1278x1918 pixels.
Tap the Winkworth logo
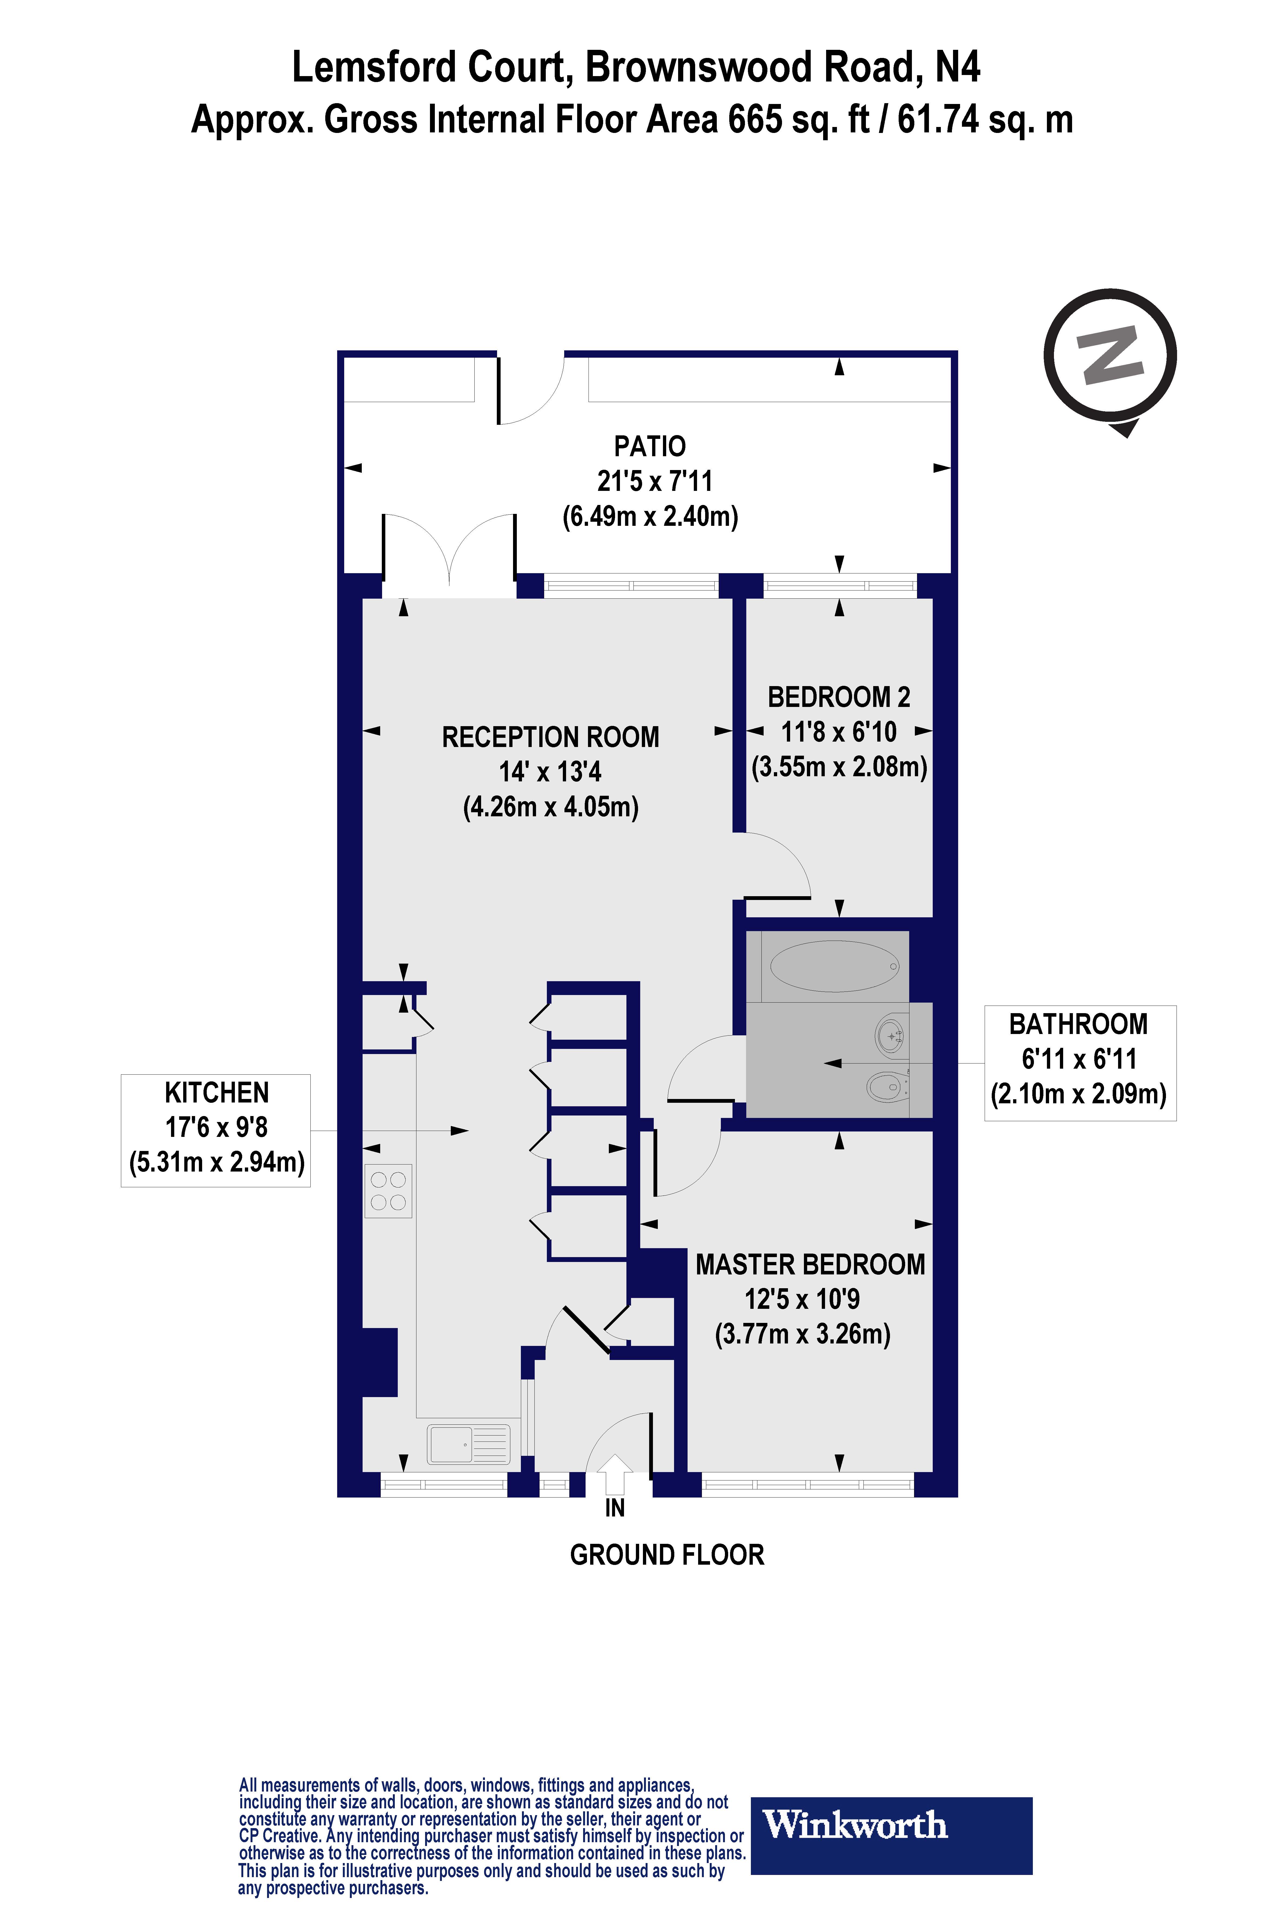pyautogui.click(x=891, y=1825)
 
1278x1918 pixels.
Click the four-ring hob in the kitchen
pyautogui.click(x=388, y=1191)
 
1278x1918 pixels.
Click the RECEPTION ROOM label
pyautogui.click(x=550, y=737)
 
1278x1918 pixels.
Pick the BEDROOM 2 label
pyautogui.click(x=839, y=697)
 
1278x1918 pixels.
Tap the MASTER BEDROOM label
pyautogui.click(x=810, y=1265)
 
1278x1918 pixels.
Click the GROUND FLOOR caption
pyautogui.click(x=667, y=1555)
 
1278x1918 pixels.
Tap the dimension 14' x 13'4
pyautogui.click(x=550, y=771)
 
